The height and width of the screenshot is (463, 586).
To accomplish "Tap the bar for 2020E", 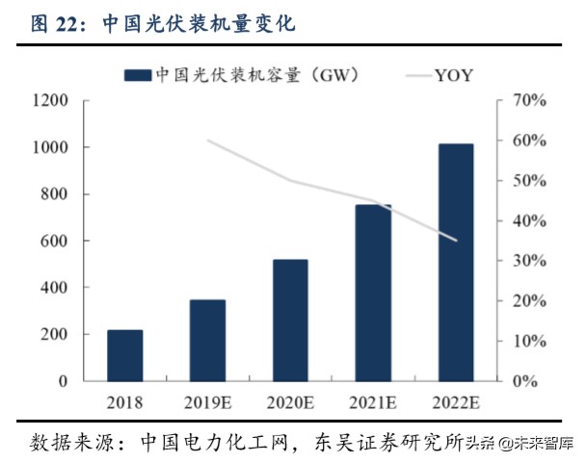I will [290, 320].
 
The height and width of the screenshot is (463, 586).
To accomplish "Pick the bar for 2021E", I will [373, 293].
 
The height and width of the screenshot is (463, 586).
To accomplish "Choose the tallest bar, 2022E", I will [456, 262].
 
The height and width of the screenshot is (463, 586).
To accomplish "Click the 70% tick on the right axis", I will [529, 100].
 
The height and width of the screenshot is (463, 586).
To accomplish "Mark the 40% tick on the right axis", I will [529, 220].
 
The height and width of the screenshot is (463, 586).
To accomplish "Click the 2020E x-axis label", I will [290, 402].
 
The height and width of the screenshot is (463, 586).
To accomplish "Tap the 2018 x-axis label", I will [124, 402].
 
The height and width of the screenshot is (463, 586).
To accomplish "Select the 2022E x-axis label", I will [456, 402].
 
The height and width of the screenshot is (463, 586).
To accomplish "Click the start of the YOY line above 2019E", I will [208, 141].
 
